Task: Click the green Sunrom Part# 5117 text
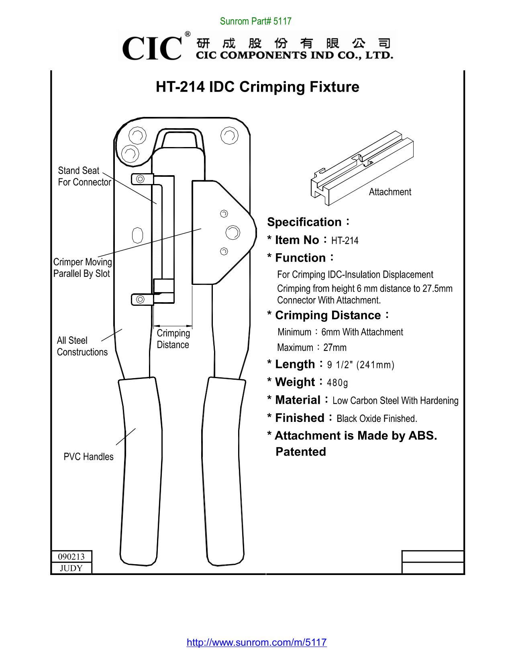coord(255,21)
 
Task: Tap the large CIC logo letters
coord(152,48)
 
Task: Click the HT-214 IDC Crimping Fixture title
coord(257,87)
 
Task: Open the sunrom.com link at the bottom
coord(257,642)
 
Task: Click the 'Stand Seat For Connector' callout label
coord(84,176)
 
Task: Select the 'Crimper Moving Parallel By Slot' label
coord(83,268)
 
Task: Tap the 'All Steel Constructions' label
coord(82,346)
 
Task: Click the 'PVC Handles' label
coord(88,457)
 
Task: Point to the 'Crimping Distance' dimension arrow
coord(173,326)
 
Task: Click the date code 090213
coord(71,557)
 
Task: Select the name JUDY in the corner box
coord(71,568)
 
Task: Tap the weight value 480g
coord(337,383)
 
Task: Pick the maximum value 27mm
coord(335,348)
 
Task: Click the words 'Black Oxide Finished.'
coord(377,419)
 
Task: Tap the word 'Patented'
coord(301,452)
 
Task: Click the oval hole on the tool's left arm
coord(137,235)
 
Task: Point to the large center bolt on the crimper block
coord(233,233)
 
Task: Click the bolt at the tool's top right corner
coord(229,135)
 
